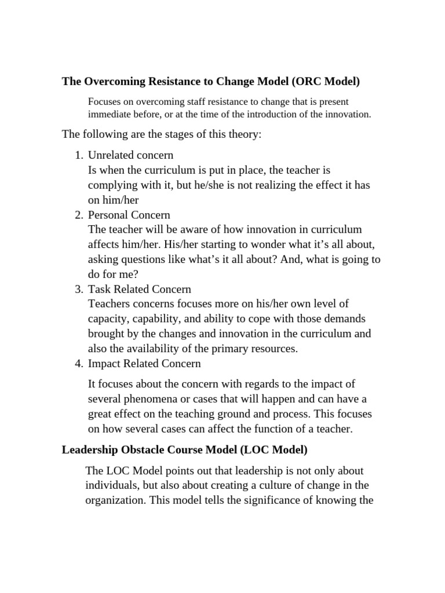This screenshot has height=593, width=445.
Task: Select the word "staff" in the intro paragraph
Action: pyautogui.click(x=192, y=101)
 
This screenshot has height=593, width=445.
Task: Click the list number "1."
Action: pyautogui.click(x=79, y=155)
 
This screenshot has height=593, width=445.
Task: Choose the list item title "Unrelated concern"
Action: pyautogui.click(x=130, y=155)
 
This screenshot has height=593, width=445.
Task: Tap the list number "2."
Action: pyautogui.click(x=79, y=215)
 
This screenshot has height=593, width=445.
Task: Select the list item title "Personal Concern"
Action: pyautogui.click(x=129, y=215)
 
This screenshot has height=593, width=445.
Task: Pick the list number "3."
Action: pyautogui.click(x=79, y=289)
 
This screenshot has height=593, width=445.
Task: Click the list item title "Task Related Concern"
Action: pyautogui.click(x=139, y=289)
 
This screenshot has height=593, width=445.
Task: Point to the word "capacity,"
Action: pyautogui.click(x=108, y=319)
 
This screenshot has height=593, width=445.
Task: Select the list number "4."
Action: pyautogui.click(x=79, y=364)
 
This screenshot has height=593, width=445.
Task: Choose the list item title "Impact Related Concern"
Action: pyautogui.click(x=144, y=364)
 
